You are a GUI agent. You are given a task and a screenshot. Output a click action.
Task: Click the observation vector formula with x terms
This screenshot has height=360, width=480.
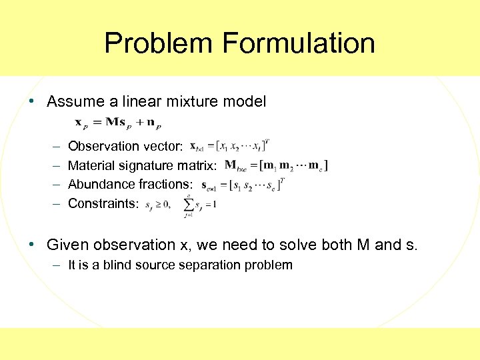pos(229,145)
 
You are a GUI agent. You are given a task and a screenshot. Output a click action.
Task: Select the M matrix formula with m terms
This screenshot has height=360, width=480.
pos(276,165)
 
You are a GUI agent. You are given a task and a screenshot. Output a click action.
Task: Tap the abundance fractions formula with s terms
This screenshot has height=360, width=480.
pos(243,184)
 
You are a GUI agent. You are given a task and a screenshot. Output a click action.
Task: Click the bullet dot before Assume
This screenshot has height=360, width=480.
pos(32,102)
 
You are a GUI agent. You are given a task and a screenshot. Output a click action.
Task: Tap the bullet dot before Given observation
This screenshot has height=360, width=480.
pos(32,245)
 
